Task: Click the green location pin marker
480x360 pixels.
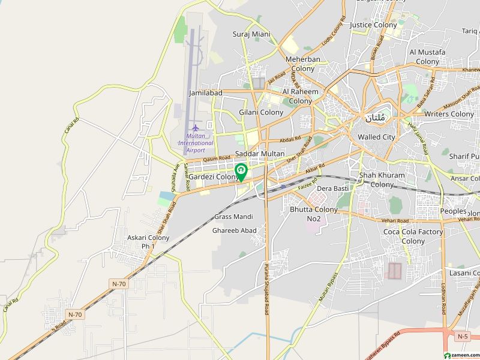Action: [241, 172]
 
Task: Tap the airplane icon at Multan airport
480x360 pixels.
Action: [195, 128]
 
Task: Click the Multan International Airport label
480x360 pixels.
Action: [196, 143]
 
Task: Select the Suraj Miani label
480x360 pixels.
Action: [251, 34]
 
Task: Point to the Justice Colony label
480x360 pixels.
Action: [373, 25]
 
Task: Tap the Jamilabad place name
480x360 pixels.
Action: [205, 94]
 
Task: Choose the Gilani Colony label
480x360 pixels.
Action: [261, 112]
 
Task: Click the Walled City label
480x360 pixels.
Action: [376, 137]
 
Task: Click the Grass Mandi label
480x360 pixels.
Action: [233, 217]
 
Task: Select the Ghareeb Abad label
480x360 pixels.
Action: [234, 230]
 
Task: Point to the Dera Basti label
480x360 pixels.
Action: [332, 188]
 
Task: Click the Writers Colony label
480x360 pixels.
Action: [449, 114]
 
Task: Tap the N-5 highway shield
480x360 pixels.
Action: [462, 337]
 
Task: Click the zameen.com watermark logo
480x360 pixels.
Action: [458, 354]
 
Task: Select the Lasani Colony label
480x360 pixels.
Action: [464, 273]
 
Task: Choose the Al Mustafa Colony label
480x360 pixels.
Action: [427, 57]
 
